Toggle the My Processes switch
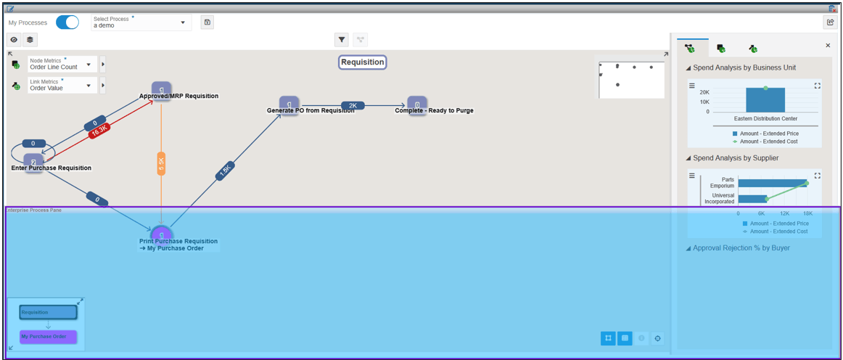tap(67, 22)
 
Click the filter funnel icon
tap(342, 39)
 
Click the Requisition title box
tap(363, 62)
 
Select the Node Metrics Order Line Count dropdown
tap(62, 64)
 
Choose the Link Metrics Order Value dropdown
tap(62, 85)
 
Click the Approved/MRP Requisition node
tap(161, 89)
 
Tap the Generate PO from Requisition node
tap(289, 105)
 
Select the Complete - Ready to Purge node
tap(417, 105)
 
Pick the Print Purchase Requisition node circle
tap(161, 234)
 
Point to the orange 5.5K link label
tap(161, 164)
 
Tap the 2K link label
tap(353, 105)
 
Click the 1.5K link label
tap(225, 171)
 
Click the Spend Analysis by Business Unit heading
tap(744, 67)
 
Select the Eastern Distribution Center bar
tap(765, 100)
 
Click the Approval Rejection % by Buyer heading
tap(741, 248)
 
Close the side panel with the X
tap(828, 46)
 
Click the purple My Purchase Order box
tap(48, 337)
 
